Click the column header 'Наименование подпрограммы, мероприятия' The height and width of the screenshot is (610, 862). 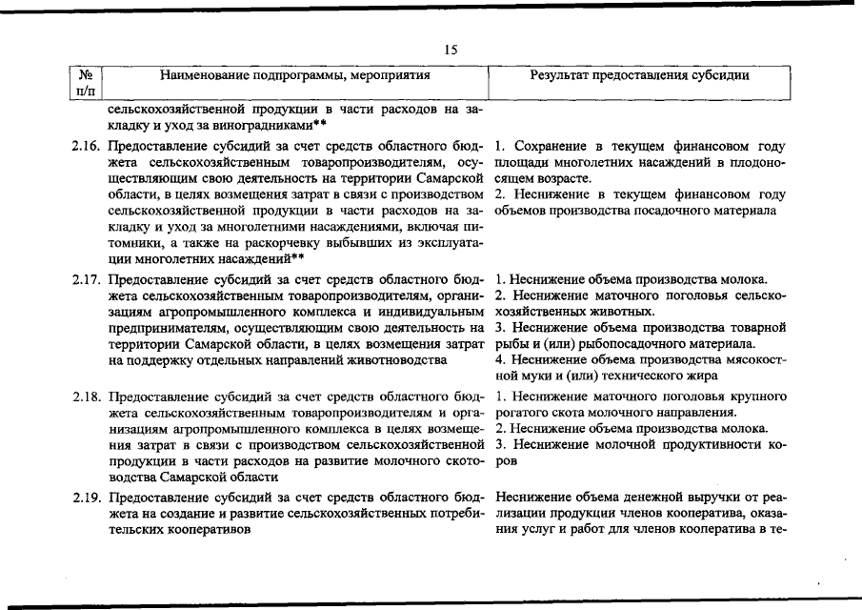pyautogui.click(x=295, y=73)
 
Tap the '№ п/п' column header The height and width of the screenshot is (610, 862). pyautogui.click(x=85, y=82)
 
